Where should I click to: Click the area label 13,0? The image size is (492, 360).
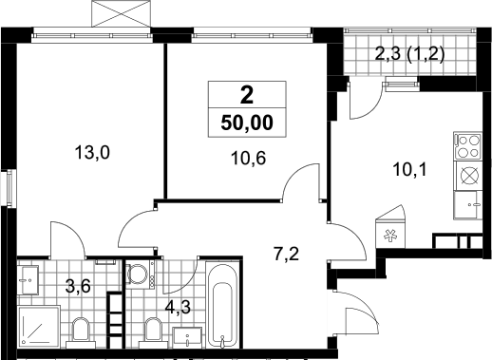(x=92, y=153)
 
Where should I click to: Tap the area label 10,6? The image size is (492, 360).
(x=249, y=159)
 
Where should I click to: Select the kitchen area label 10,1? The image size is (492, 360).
(x=410, y=170)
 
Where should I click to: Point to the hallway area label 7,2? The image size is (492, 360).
(x=286, y=255)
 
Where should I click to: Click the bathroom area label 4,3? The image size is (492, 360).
(x=178, y=307)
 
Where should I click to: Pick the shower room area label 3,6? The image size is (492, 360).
(x=78, y=286)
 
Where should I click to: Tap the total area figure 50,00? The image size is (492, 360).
(x=247, y=123)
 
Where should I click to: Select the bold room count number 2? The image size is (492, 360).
(x=247, y=95)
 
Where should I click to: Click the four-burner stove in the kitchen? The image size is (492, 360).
(x=468, y=146)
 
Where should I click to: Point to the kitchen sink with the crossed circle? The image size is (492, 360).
(x=468, y=176)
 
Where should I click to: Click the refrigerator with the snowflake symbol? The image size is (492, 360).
(x=390, y=231)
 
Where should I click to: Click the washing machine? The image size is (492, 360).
(x=140, y=274)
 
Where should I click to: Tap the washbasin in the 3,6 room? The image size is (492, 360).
(x=28, y=280)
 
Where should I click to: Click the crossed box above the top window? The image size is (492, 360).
(x=121, y=13)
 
